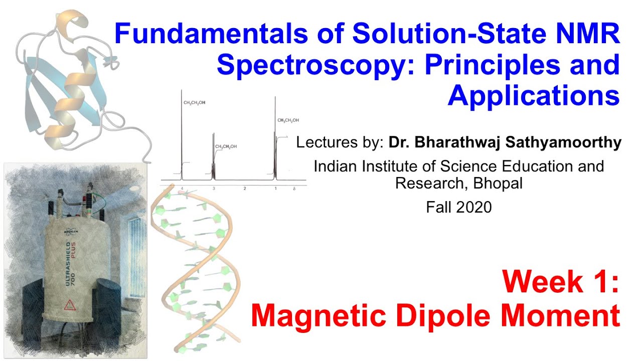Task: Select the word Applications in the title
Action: (x=534, y=95)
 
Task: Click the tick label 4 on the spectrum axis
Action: (x=183, y=189)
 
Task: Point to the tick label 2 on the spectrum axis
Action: (x=245, y=189)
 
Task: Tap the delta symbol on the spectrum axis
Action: (x=294, y=189)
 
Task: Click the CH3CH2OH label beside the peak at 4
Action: (x=194, y=103)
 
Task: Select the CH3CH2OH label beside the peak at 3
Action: (x=226, y=146)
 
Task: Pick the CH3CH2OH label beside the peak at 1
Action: (x=288, y=120)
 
